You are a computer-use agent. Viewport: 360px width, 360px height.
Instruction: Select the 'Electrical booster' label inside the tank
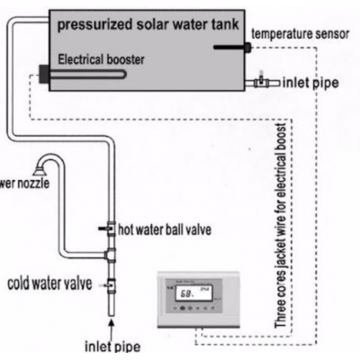103,59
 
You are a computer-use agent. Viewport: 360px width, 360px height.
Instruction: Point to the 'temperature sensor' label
300,33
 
